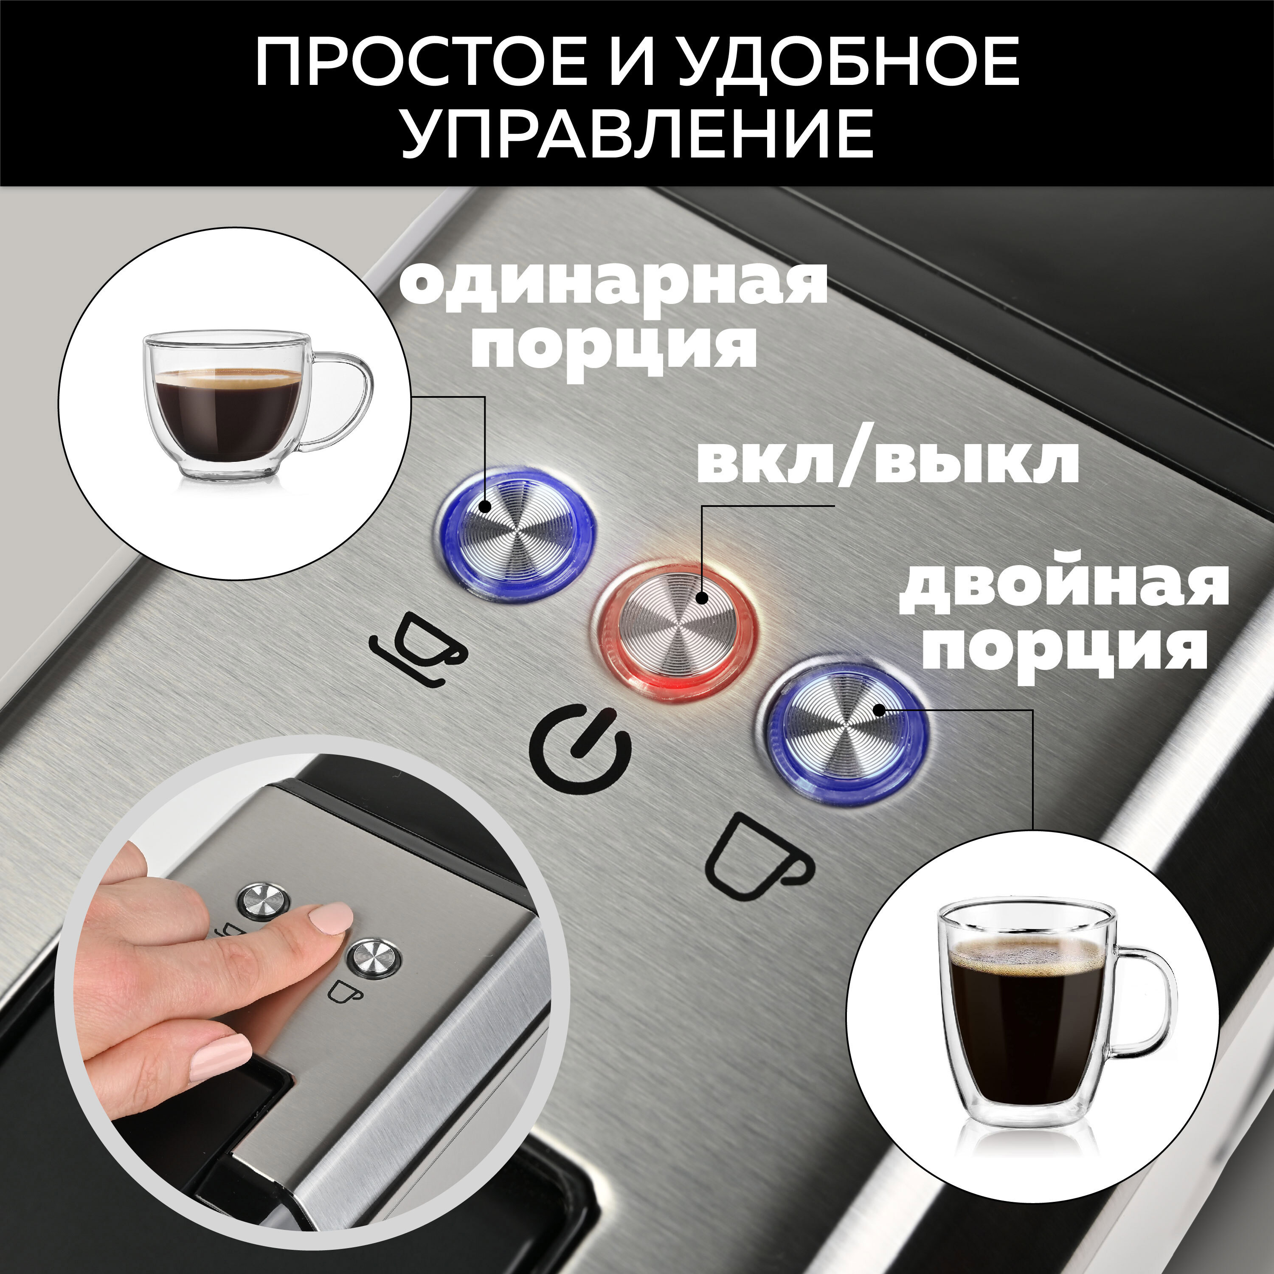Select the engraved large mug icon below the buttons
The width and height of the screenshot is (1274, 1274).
click(x=758, y=857)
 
